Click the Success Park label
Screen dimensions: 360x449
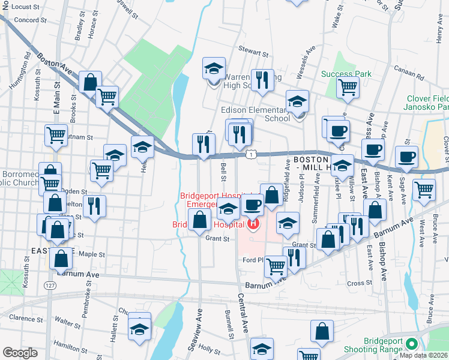346,74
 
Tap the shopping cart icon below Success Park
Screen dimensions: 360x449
348,87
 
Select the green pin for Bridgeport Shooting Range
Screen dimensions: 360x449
411,344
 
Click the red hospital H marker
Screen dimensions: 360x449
253,224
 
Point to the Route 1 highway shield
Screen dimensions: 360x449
255,155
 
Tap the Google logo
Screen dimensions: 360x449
20,353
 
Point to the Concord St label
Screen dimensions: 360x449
26,20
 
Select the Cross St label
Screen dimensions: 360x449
360,283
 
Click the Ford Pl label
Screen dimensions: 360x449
253,260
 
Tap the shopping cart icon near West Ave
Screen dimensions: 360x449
424,190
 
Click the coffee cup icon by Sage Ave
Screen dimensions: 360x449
407,157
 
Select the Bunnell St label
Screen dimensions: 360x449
229,323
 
